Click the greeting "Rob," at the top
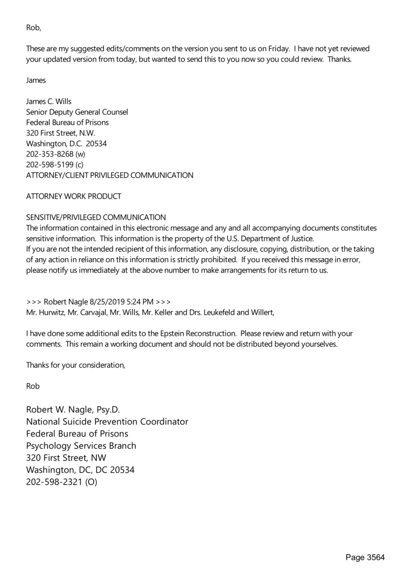tap(33, 27)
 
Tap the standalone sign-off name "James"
tap(37, 80)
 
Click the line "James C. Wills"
tap(49, 101)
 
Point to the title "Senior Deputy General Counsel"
tap(77, 112)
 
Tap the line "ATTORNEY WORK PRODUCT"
tap(73, 196)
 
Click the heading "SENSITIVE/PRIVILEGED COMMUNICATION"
tap(96, 217)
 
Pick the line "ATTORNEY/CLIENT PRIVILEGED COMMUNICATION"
tap(110, 175)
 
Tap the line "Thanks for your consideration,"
tap(75, 365)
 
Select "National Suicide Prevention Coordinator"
tap(107, 422)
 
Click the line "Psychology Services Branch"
tap(81, 446)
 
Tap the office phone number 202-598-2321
tap(53, 481)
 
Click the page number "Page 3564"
tap(365, 558)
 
